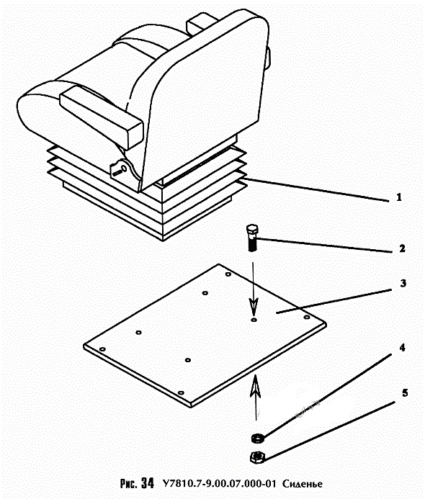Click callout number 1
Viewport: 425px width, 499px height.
(x=399, y=197)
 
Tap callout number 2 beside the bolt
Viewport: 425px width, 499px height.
(x=402, y=248)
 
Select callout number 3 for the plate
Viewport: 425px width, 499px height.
(x=403, y=283)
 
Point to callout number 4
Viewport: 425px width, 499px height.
(x=403, y=348)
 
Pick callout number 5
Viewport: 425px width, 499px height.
(x=405, y=392)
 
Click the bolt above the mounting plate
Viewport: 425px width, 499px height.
(x=252, y=238)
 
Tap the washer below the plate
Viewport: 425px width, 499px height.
(x=256, y=438)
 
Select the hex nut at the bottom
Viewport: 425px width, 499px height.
(x=256, y=458)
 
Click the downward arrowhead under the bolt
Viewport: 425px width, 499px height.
(x=254, y=306)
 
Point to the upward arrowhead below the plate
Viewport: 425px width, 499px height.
(x=255, y=386)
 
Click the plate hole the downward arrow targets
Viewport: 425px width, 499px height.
(x=254, y=320)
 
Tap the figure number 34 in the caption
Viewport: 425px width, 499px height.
(x=148, y=483)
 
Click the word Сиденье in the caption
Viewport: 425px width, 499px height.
(x=302, y=484)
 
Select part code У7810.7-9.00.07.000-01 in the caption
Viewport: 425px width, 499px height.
(x=219, y=484)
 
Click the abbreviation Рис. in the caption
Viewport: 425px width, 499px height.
(x=129, y=483)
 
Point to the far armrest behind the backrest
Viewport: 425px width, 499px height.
(x=201, y=23)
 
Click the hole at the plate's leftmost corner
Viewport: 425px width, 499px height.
(x=102, y=349)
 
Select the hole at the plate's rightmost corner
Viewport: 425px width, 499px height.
(x=307, y=317)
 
